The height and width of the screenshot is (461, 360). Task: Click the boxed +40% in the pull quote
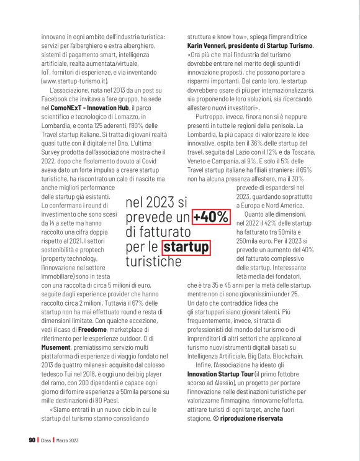210,217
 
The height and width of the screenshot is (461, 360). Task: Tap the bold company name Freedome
90,328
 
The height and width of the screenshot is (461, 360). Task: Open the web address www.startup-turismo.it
76,81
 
